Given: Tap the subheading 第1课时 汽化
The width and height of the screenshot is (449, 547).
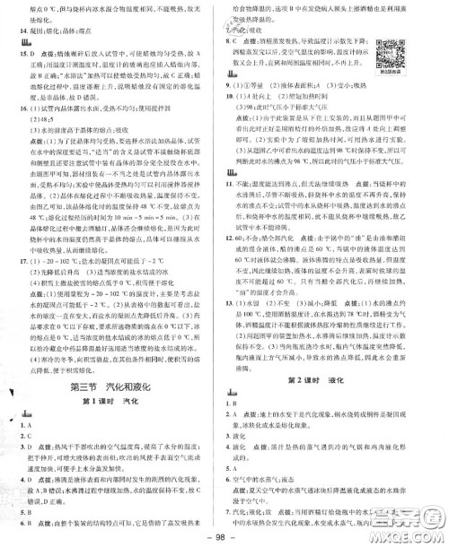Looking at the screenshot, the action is click(112, 402).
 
